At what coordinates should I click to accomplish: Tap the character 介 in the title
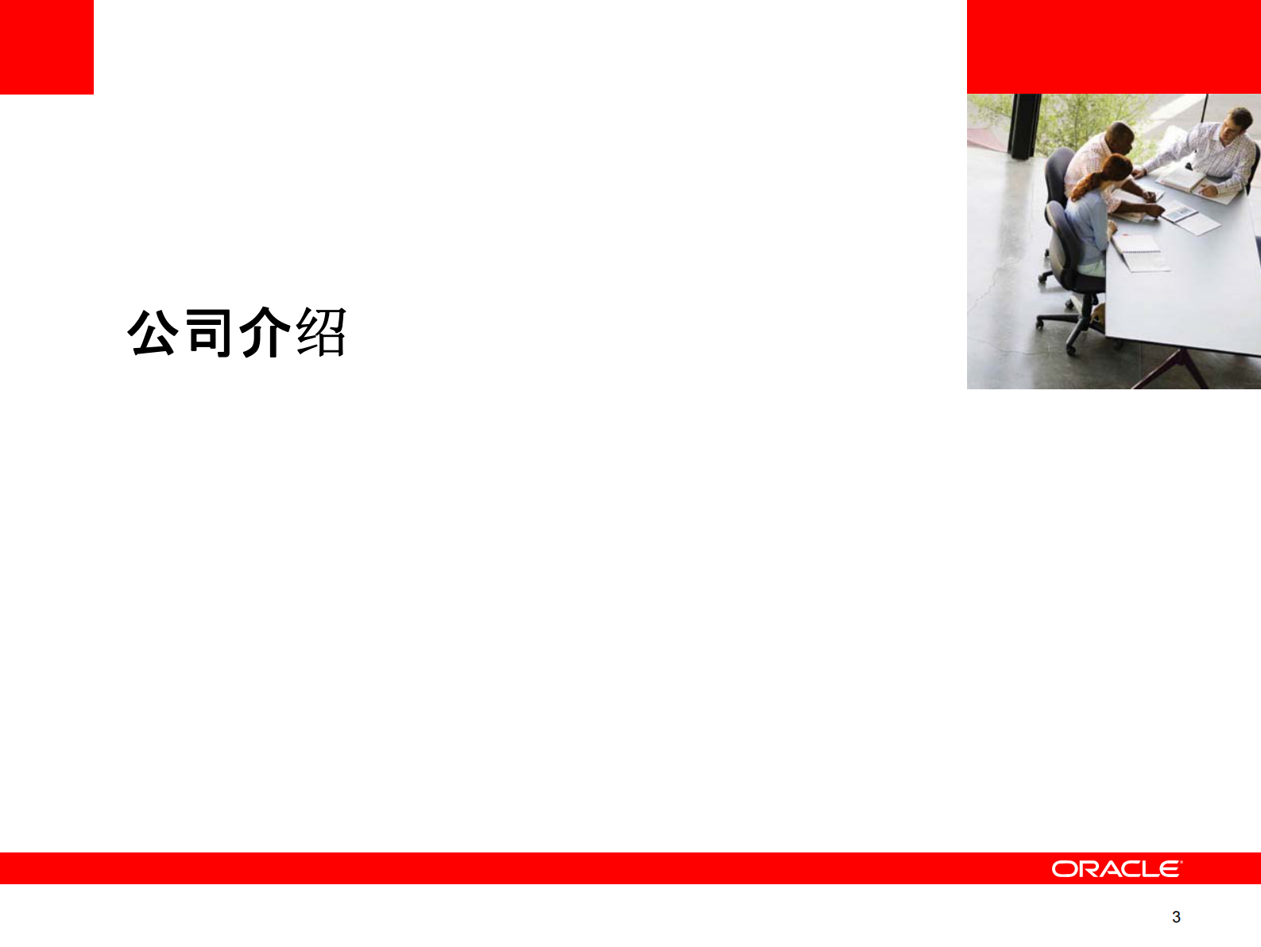(265, 332)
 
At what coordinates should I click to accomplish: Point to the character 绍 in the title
(321, 332)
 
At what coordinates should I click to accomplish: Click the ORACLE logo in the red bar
(1116, 868)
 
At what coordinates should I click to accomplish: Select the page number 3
(1176, 917)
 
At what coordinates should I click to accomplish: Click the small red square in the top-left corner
(46, 47)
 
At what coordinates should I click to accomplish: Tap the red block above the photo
(1113, 46)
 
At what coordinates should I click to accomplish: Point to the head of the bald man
(1121, 137)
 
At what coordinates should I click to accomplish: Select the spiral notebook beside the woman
(1139, 250)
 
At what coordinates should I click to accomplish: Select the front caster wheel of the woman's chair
(1070, 347)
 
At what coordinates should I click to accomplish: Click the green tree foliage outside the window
(1081, 115)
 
